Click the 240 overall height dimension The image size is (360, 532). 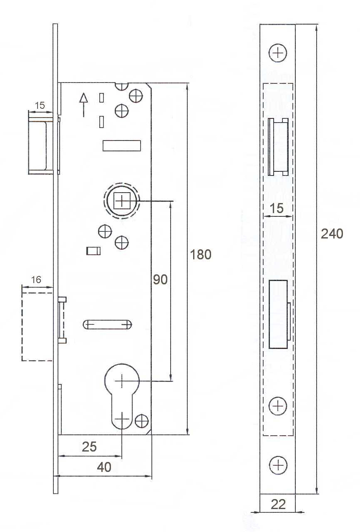(x=332, y=234)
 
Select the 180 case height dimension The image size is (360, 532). (x=201, y=254)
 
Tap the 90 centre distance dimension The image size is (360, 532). (x=160, y=279)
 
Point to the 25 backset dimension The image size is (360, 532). (x=89, y=447)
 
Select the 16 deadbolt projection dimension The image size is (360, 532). (x=36, y=280)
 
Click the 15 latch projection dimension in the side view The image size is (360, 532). (x=40, y=105)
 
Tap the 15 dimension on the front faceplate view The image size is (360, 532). (x=277, y=208)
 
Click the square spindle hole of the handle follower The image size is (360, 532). (x=122, y=201)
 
